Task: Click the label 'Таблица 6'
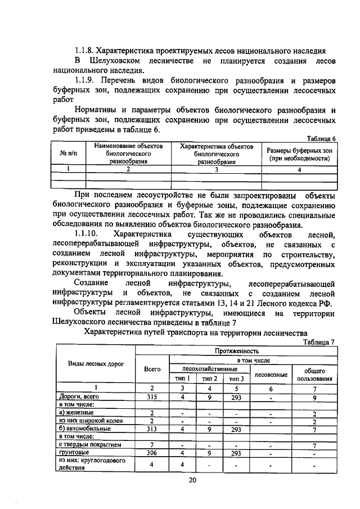click(321, 138)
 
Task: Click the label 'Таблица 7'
click(318, 341)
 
